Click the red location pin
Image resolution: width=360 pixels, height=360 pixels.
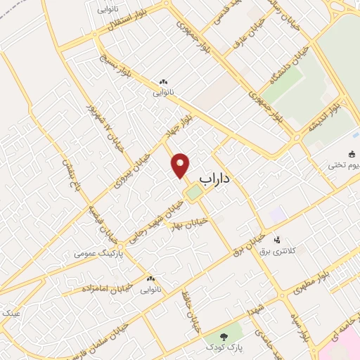click(x=181, y=165)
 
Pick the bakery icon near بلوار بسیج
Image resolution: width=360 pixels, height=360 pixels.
click(x=163, y=82)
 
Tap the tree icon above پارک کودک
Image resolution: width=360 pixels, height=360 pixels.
click(x=226, y=337)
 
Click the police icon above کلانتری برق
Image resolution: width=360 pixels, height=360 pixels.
click(x=277, y=240)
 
